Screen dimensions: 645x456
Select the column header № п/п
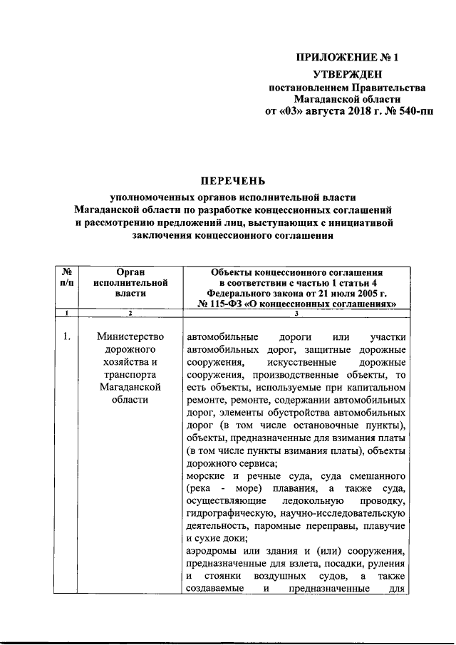click(66, 277)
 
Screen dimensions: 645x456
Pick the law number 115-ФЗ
click(234, 303)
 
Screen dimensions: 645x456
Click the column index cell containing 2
click(130, 314)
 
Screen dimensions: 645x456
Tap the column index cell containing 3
click(296, 314)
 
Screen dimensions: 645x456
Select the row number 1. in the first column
click(66, 336)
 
